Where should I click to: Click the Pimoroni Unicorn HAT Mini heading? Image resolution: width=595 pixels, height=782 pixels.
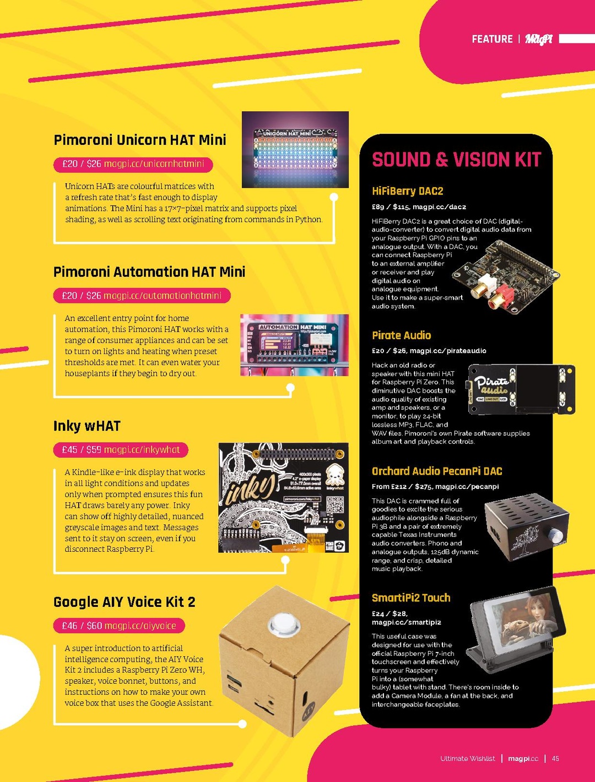click(140, 140)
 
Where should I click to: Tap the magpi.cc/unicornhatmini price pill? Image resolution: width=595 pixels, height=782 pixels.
click(133, 164)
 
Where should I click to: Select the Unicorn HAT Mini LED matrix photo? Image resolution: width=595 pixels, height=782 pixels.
click(295, 149)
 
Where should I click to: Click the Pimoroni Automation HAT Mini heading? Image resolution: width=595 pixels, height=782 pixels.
click(149, 272)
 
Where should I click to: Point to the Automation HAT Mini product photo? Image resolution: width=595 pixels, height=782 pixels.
click(294, 345)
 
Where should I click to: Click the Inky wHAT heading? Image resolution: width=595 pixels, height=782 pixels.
click(86, 426)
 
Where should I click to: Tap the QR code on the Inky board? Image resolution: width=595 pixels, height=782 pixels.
click(335, 504)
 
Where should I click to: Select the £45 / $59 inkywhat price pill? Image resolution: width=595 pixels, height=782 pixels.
click(121, 450)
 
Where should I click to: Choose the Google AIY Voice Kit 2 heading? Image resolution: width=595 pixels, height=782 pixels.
click(125, 602)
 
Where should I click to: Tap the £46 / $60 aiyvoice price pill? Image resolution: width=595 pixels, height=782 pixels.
click(119, 626)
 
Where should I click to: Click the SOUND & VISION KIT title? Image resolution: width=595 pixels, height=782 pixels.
click(456, 160)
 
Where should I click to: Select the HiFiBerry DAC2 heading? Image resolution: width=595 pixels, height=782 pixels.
click(407, 191)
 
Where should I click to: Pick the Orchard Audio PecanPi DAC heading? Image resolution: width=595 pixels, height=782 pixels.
click(437, 471)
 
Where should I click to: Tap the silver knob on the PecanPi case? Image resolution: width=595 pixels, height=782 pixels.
click(556, 536)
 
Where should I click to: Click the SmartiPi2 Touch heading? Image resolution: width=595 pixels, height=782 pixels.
click(411, 598)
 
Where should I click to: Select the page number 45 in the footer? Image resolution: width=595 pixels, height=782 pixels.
click(555, 759)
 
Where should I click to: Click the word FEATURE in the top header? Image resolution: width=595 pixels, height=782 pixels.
click(492, 39)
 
